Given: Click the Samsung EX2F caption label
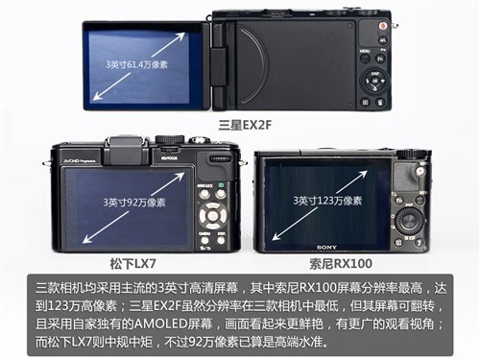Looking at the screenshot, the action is click(245, 125).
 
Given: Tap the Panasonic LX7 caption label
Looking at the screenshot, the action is click(132, 264).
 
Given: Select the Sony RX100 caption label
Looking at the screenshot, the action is click(341, 264).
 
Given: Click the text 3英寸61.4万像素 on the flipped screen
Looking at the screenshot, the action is click(136, 64).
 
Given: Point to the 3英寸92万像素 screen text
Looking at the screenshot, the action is click(134, 203).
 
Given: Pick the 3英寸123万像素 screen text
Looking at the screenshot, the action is click(327, 201).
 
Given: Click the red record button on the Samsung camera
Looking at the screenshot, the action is click(382, 26).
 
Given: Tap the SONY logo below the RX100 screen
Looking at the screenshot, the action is click(326, 248).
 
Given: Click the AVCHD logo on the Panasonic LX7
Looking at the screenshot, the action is click(78, 161).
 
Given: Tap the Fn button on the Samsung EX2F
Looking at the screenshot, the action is click(380, 59).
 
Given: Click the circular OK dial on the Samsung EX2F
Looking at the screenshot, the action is click(374, 81).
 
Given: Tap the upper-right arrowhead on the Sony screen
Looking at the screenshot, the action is click(363, 175).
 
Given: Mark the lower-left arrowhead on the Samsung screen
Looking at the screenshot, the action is click(97, 96).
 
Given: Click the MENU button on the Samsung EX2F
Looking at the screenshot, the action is click(365, 58).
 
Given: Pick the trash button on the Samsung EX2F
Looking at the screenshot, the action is click(379, 103).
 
